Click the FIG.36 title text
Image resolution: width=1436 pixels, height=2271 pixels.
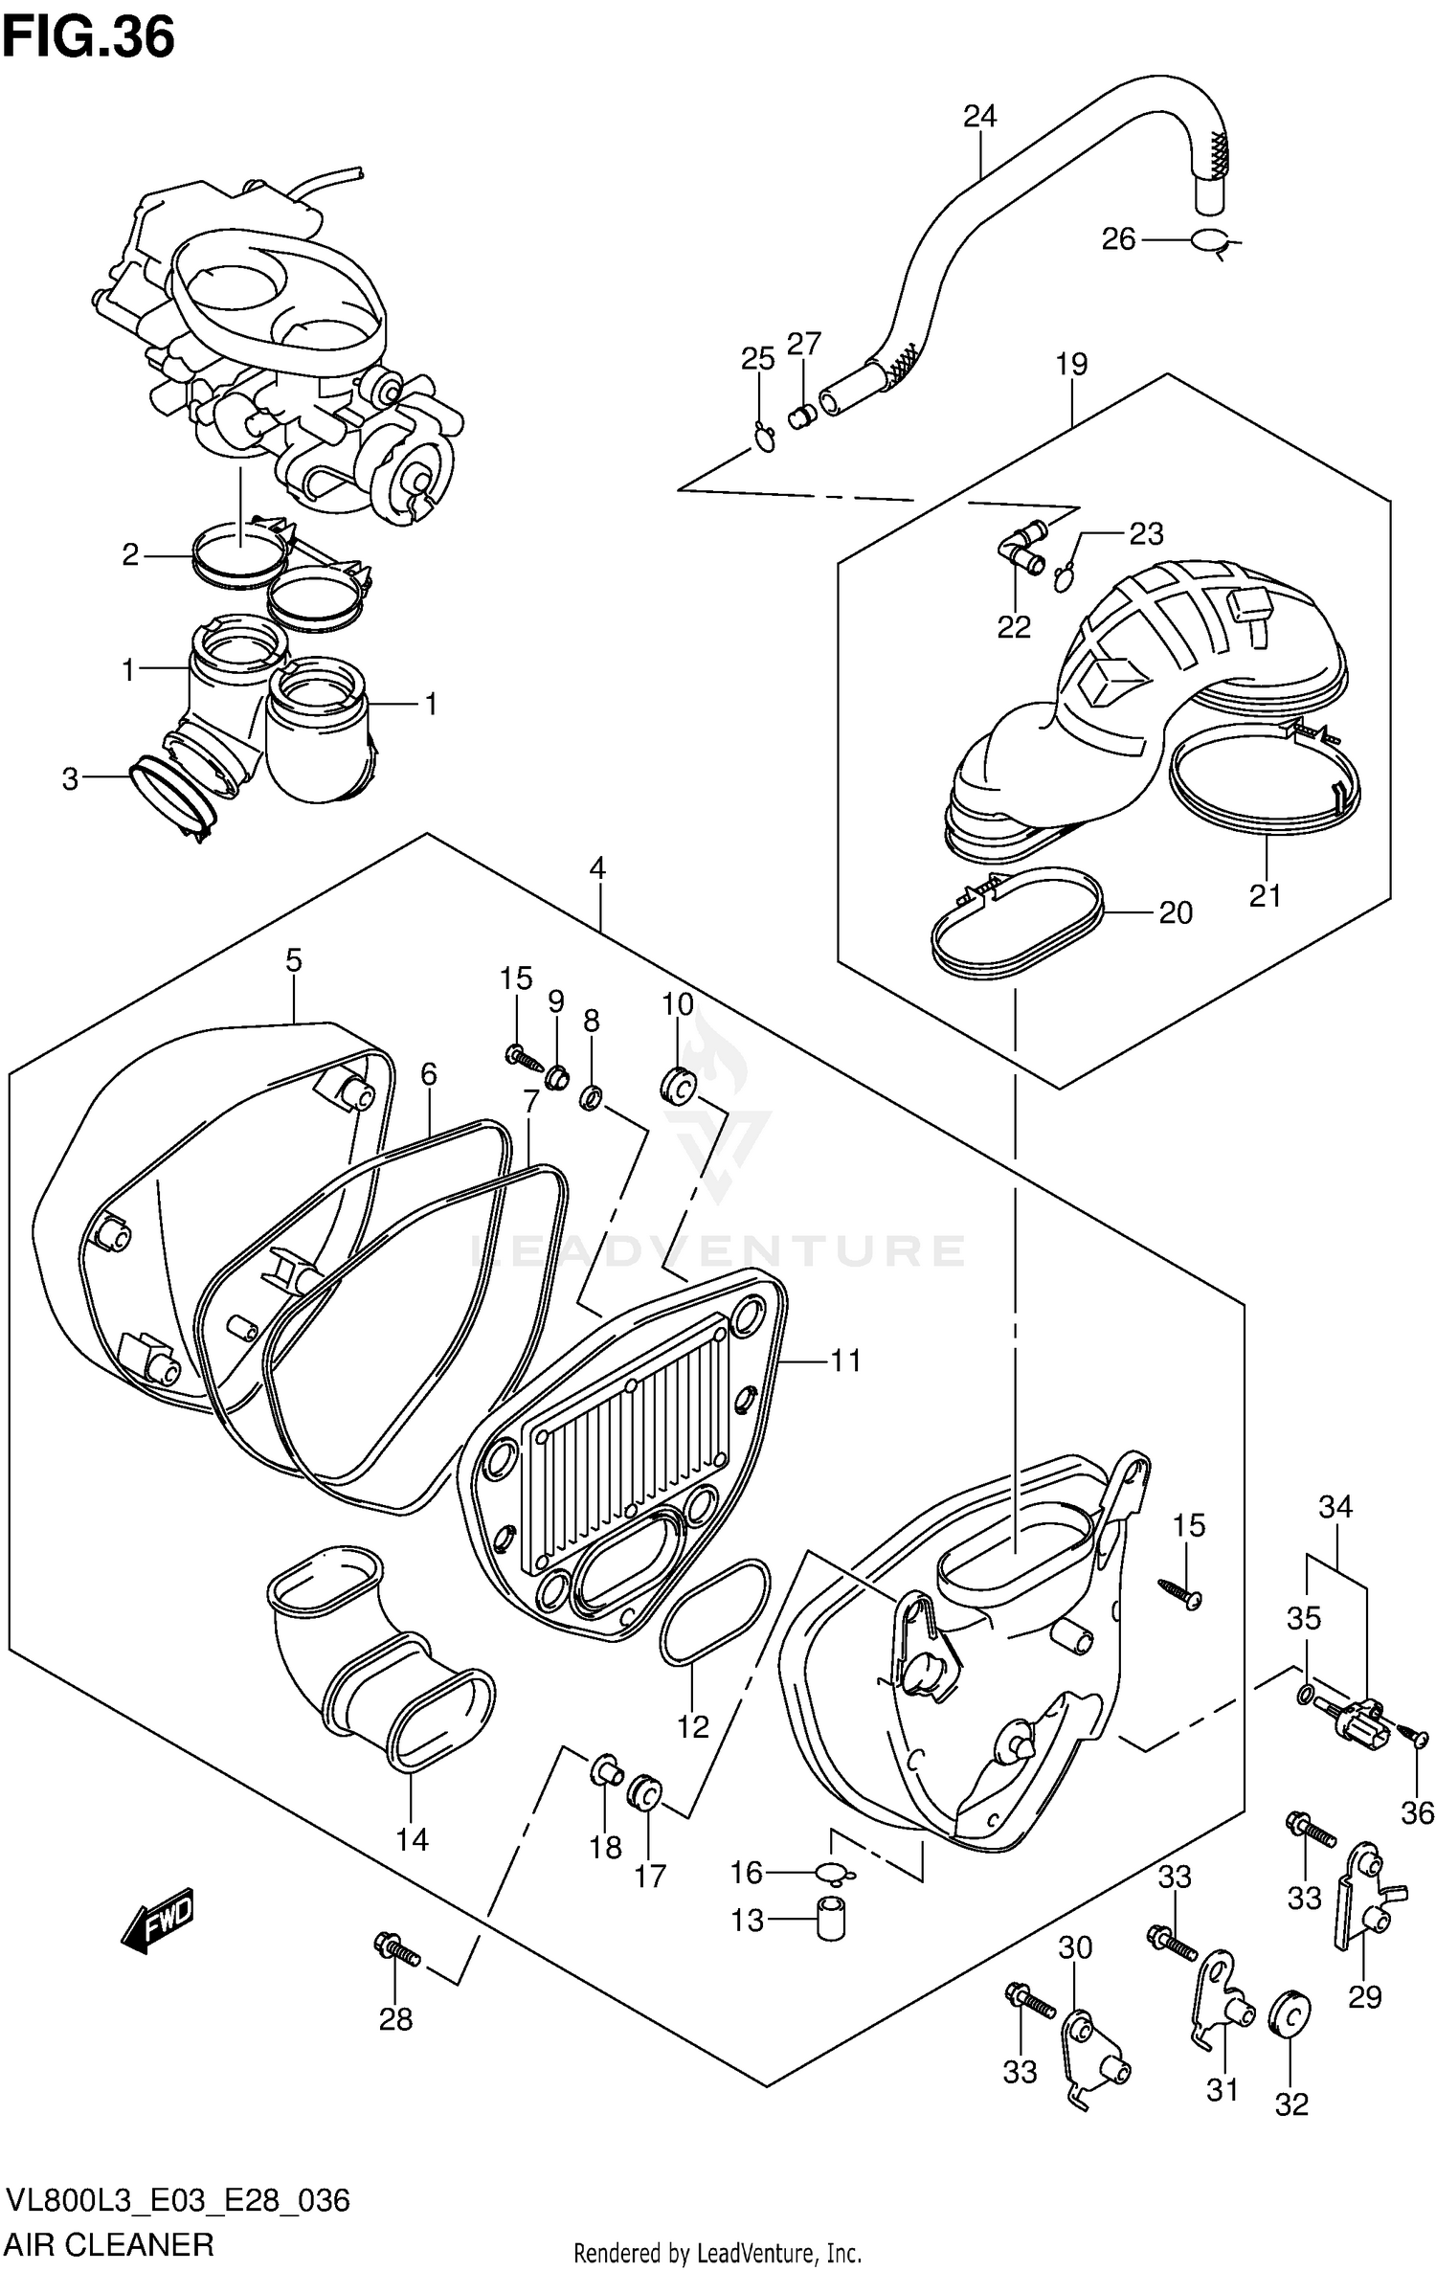[x=88, y=38]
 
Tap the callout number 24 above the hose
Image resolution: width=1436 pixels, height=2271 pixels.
[x=979, y=117]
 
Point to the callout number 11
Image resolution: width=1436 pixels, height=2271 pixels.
[x=845, y=1360]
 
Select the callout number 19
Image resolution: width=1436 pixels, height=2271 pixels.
[x=1072, y=365]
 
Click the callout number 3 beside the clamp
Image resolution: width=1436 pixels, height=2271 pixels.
[x=70, y=779]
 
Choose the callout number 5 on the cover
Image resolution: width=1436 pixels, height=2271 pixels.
[x=294, y=960]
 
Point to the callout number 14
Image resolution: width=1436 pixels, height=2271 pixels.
[x=413, y=1840]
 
